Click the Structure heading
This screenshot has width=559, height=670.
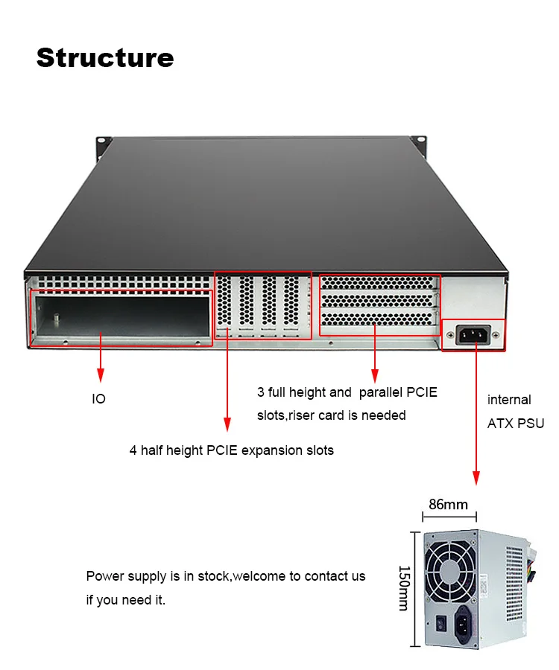[x=105, y=57]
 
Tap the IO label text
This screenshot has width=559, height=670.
[x=98, y=399]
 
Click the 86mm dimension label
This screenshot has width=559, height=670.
[x=448, y=504]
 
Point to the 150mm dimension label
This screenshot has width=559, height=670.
[x=402, y=588]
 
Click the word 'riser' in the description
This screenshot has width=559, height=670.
[x=304, y=415]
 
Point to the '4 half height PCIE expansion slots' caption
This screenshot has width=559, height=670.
[x=232, y=450]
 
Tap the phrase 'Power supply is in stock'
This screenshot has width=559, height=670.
[x=159, y=575]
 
